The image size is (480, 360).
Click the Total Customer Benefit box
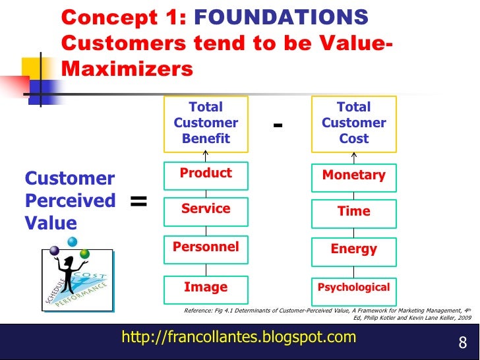coord(206,123)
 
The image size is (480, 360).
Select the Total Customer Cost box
coord(353,123)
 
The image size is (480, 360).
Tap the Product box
coord(206,174)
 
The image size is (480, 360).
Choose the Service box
coord(206,210)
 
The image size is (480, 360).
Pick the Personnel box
coord(206,247)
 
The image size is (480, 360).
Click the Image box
coord(206,287)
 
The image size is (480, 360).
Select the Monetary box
coord(353,175)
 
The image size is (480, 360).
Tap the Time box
coord(353,212)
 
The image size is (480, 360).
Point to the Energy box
coord(353,249)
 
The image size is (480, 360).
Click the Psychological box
coord(353,287)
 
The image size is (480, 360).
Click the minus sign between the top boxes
coord(278,125)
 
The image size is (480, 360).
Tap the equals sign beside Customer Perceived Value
coord(138,201)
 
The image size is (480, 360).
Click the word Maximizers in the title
coord(128,69)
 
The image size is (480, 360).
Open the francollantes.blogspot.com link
coord(239,338)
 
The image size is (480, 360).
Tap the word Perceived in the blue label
coord(70,200)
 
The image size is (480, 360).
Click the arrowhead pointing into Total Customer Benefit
coord(206,154)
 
